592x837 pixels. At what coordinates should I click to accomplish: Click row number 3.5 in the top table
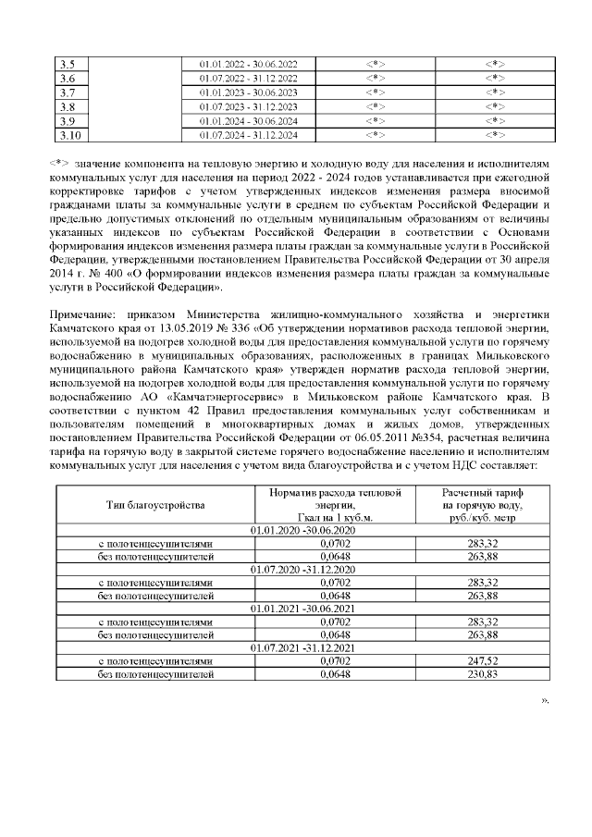[67, 63]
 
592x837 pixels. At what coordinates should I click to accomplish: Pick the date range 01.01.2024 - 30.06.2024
[249, 121]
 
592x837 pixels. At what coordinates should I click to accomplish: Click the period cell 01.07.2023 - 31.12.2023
[249, 106]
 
